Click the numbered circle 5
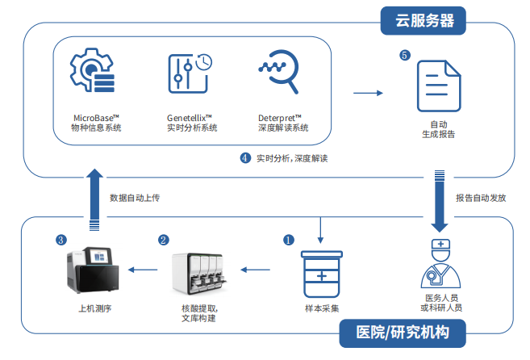(405, 56)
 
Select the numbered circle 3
(61, 240)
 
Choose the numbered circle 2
(164, 240)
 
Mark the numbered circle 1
(288, 240)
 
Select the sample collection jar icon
(322, 274)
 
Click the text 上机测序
(94, 308)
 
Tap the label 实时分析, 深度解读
(293, 158)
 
